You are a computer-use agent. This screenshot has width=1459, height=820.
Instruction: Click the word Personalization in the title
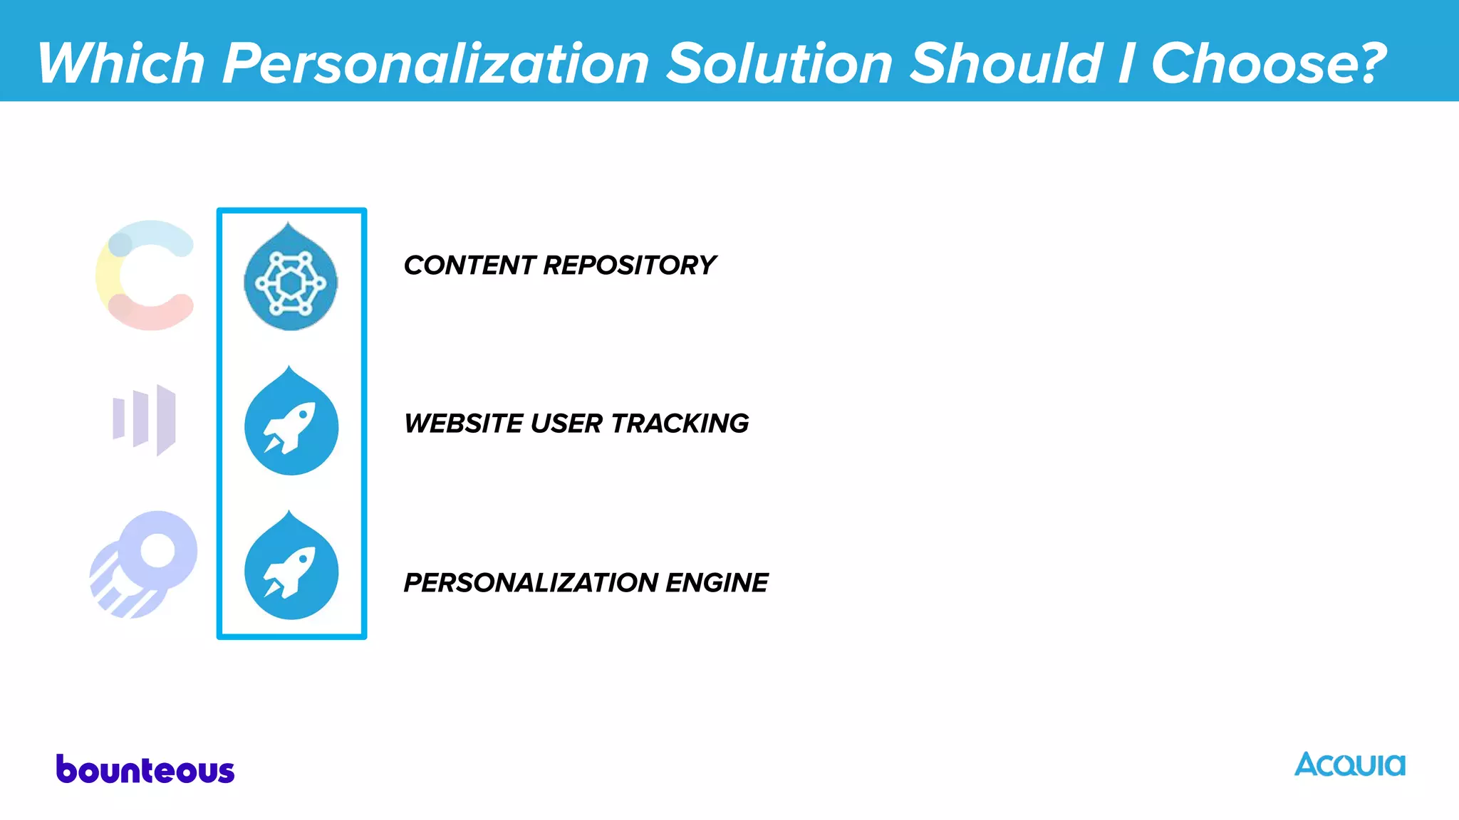point(435,64)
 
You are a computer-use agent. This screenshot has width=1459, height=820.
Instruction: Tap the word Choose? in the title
point(1269,64)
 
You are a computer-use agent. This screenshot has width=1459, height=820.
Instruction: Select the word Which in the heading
point(121,64)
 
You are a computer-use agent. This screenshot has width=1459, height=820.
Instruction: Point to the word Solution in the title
point(780,64)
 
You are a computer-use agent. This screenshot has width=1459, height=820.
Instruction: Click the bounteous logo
point(145,770)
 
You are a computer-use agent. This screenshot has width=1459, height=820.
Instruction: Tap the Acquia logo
point(1349,764)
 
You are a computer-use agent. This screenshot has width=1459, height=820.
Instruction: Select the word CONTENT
point(469,266)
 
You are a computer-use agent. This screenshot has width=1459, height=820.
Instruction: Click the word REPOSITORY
point(629,266)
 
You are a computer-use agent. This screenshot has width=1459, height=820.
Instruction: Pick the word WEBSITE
point(464,424)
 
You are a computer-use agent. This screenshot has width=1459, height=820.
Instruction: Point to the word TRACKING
point(680,424)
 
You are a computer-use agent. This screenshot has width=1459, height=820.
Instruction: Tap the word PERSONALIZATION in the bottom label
point(531,583)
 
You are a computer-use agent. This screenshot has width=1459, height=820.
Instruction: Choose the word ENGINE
point(717,583)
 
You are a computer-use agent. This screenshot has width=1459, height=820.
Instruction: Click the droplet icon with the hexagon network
point(291,279)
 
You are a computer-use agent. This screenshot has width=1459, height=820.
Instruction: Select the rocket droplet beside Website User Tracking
point(291,424)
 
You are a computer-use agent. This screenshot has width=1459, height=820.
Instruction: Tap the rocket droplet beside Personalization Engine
point(291,568)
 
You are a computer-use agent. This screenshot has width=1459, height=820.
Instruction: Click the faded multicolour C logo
point(146,275)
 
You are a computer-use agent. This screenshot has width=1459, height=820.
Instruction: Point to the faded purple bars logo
point(145,419)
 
